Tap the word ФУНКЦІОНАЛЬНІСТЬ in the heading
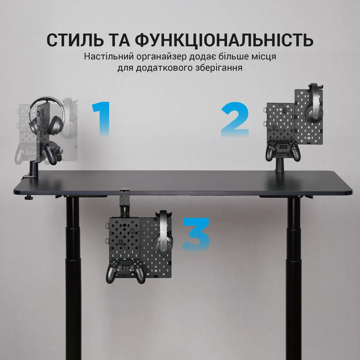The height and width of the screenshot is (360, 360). point(224,40)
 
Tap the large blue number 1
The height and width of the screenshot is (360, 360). point(101,118)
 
